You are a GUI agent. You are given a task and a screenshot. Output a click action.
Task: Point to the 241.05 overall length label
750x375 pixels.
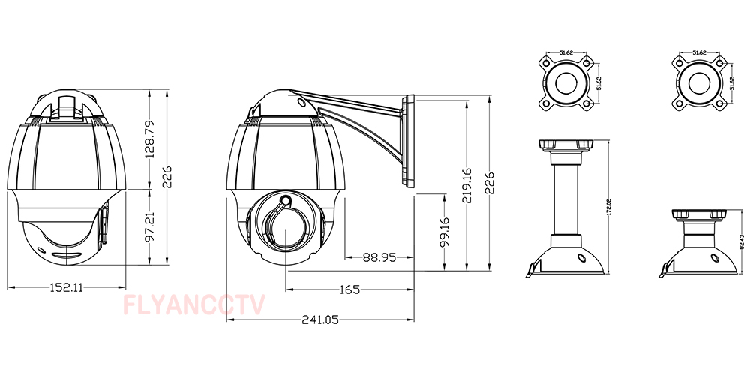320,319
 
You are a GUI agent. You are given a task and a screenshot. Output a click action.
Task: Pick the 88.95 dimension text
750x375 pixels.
379,256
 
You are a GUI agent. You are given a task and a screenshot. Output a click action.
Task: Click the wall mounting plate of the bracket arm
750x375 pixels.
409,142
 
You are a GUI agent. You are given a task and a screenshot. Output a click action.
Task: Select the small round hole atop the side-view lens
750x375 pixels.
286,201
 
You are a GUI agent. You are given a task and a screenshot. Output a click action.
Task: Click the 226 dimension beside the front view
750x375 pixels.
169,178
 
